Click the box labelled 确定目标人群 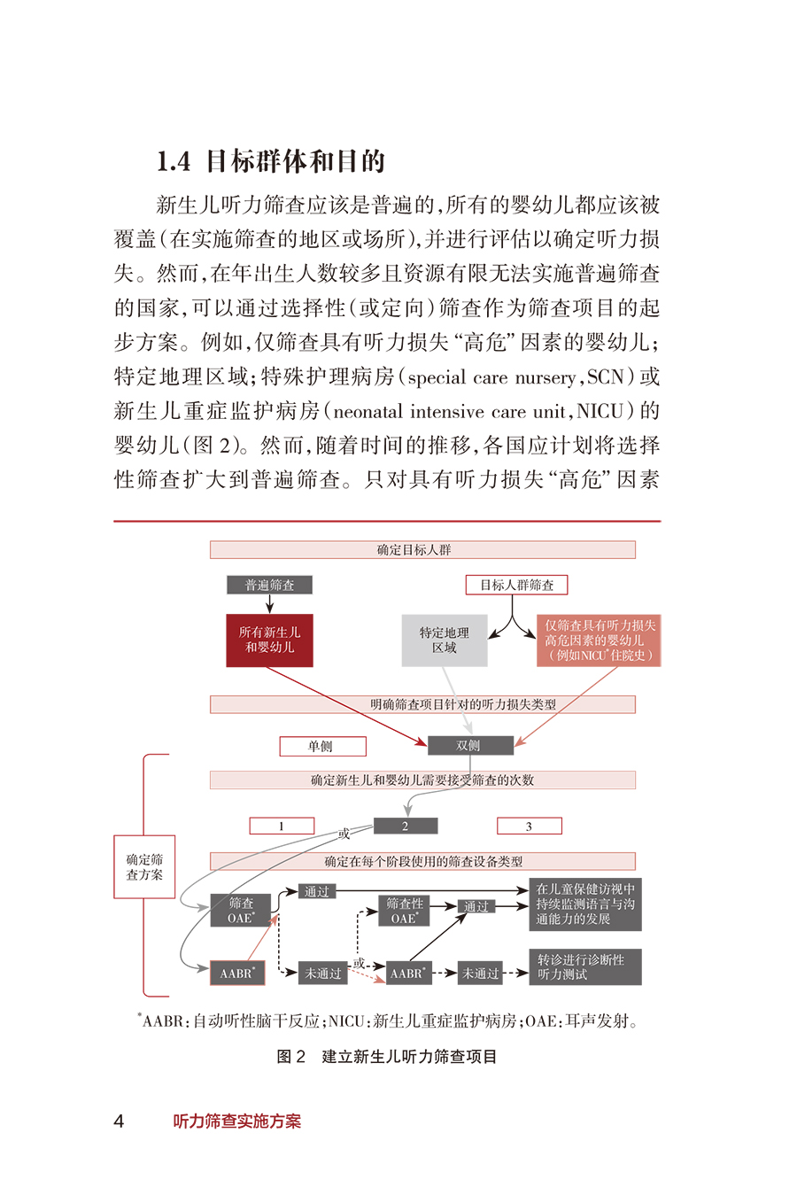coord(422,550)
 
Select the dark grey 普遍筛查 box coord(269,585)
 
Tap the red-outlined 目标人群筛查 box coord(516,585)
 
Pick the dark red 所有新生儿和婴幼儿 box coord(269,640)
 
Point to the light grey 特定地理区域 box coord(445,640)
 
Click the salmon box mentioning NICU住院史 coord(600,640)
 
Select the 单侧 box coord(322,746)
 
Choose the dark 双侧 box coord(470,745)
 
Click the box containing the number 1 coord(282,826)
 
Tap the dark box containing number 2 coord(406,826)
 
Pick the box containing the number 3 coord(529,826)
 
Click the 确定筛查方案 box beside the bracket coord(144,866)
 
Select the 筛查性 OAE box coord(405,911)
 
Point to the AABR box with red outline coord(237,973)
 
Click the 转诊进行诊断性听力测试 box coord(585,966)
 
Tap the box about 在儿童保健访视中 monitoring coord(585,904)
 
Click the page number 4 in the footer coord(119,1121)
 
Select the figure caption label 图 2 coord(291,1056)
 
